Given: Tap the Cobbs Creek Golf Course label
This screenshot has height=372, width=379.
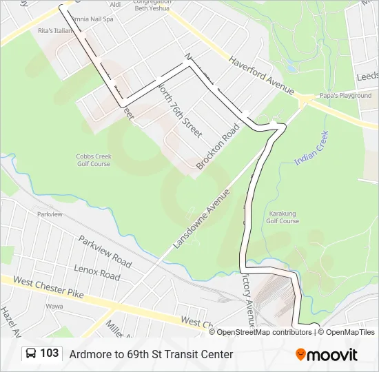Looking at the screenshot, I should [x=93, y=160].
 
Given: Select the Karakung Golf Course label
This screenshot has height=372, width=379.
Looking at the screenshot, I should [x=283, y=218].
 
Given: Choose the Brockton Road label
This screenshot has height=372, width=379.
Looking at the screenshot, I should [x=218, y=146].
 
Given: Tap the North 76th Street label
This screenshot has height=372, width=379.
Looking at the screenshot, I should [x=179, y=108].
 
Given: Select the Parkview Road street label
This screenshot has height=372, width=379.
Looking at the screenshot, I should [x=105, y=251].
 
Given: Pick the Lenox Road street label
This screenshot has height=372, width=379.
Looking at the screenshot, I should [x=98, y=274].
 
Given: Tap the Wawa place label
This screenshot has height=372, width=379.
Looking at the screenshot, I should [x=54, y=306].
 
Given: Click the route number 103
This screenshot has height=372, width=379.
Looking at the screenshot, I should [x=49, y=353].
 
